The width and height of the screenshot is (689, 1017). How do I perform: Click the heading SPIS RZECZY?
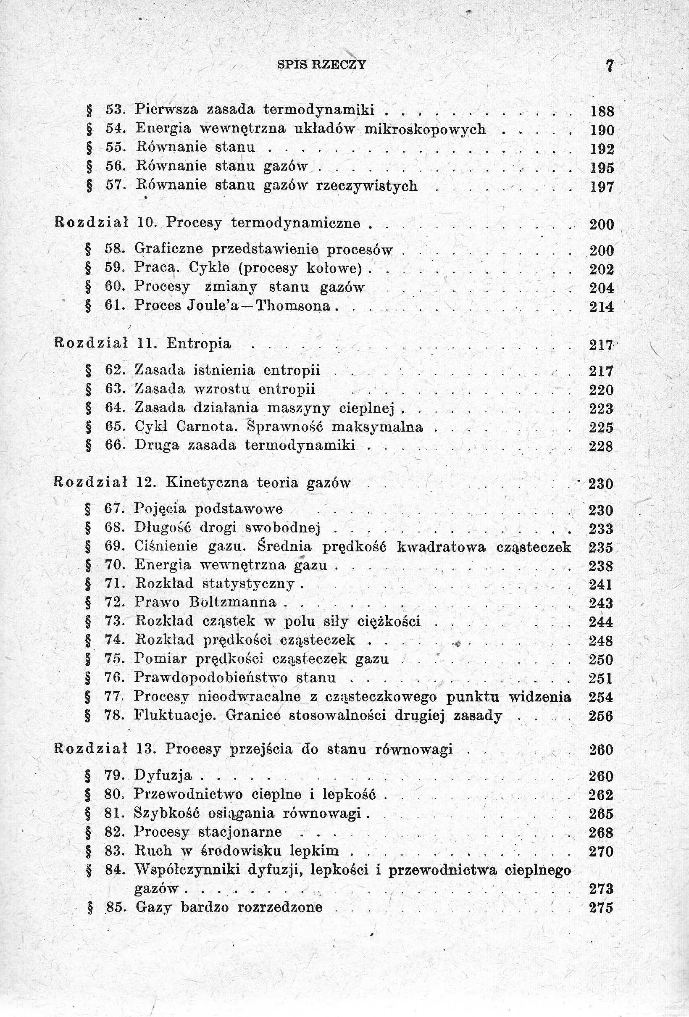tap(322, 65)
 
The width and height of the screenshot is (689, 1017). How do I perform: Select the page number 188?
tap(602, 112)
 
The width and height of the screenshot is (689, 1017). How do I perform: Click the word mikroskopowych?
tap(425, 129)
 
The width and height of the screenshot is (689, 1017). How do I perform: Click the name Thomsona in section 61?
tap(293, 306)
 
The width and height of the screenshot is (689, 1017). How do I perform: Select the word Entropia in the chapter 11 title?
tap(199, 343)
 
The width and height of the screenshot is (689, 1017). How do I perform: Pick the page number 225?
tap(602, 427)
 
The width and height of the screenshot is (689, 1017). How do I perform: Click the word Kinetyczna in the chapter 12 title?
tap(207, 483)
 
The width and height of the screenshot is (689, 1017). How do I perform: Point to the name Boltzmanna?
tap(233, 602)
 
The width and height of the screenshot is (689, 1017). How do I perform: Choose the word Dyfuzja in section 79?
tap(163, 775)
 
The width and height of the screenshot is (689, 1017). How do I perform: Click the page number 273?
tap(601, 889)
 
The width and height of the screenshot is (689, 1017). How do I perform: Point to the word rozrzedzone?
tap(280, 907)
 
